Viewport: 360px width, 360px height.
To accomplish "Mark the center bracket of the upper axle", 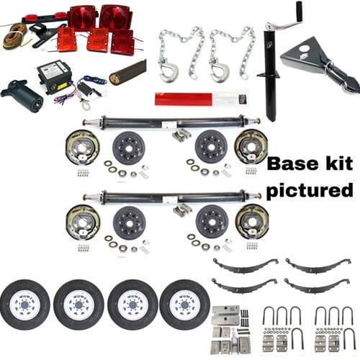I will click(171, 123).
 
